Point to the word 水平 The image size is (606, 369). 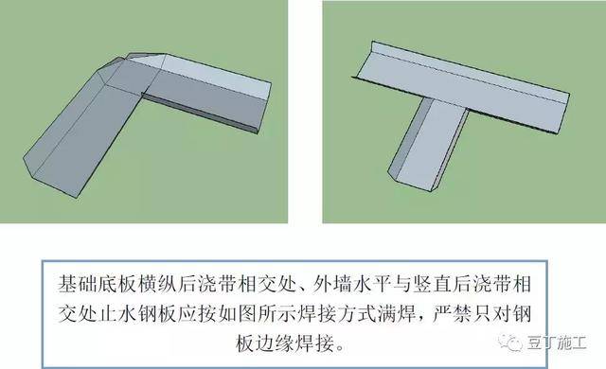pyautogui.click(x=373, y=284)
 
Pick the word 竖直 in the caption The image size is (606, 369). pyautogui.click(x=432, y=284)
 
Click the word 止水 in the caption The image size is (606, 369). pyautogui.click(x=116, y=313)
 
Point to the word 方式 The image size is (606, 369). pyautogui.click(x=373, y=313)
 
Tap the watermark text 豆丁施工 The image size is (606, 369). pyautogui.click(x=557, y=343)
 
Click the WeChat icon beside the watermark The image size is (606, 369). pyautogui.click(x=510, y=343)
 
